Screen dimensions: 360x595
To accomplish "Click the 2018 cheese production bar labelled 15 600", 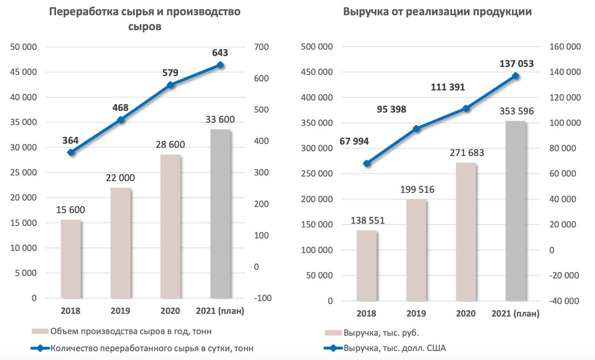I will click(70, 259).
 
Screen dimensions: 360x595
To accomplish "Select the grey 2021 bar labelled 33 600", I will click(220, 214).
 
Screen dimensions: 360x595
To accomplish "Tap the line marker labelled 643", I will click(220, 65).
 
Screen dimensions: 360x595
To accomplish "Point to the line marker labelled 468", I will click(121, 120).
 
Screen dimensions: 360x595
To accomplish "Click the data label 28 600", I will click(170, 145).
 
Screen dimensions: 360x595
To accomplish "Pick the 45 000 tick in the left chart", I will click(24, 72).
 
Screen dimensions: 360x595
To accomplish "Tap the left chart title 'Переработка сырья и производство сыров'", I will click(144, 19).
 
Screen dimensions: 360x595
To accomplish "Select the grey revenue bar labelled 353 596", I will click(515, 211).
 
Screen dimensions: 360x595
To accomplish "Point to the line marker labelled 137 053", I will click(515, 76).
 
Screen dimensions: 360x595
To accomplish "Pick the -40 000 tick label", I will click(563, 301).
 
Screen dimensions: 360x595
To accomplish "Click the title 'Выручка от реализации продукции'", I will click(438, 12).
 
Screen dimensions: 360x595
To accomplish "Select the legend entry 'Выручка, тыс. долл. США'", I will click(394, 348).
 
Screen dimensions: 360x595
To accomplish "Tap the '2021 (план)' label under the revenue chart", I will click(515, 313).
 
